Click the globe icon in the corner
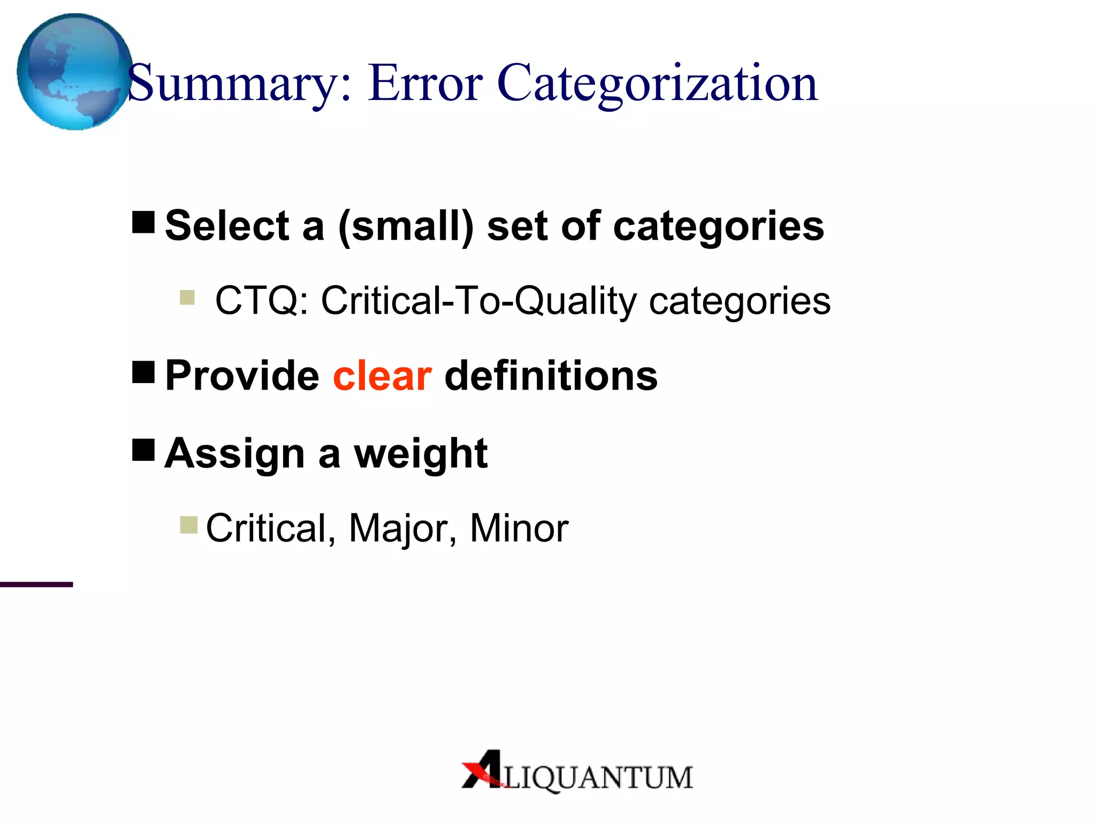coord(74,72)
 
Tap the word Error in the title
coord(425,83)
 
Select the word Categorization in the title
coord(657,83)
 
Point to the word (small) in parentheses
coord(406,226)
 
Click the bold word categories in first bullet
coord(718,226)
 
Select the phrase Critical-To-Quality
coord(478,301)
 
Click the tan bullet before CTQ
coord(187,297)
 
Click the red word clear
coord(382,376)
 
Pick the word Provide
coord(242,376)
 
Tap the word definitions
coord(551,376)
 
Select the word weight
coord(421,454)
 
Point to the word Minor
coord(519,529)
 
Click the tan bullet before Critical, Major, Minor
coord(189,525)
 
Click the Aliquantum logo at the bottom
coord(577,771)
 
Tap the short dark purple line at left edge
coord(36,584)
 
